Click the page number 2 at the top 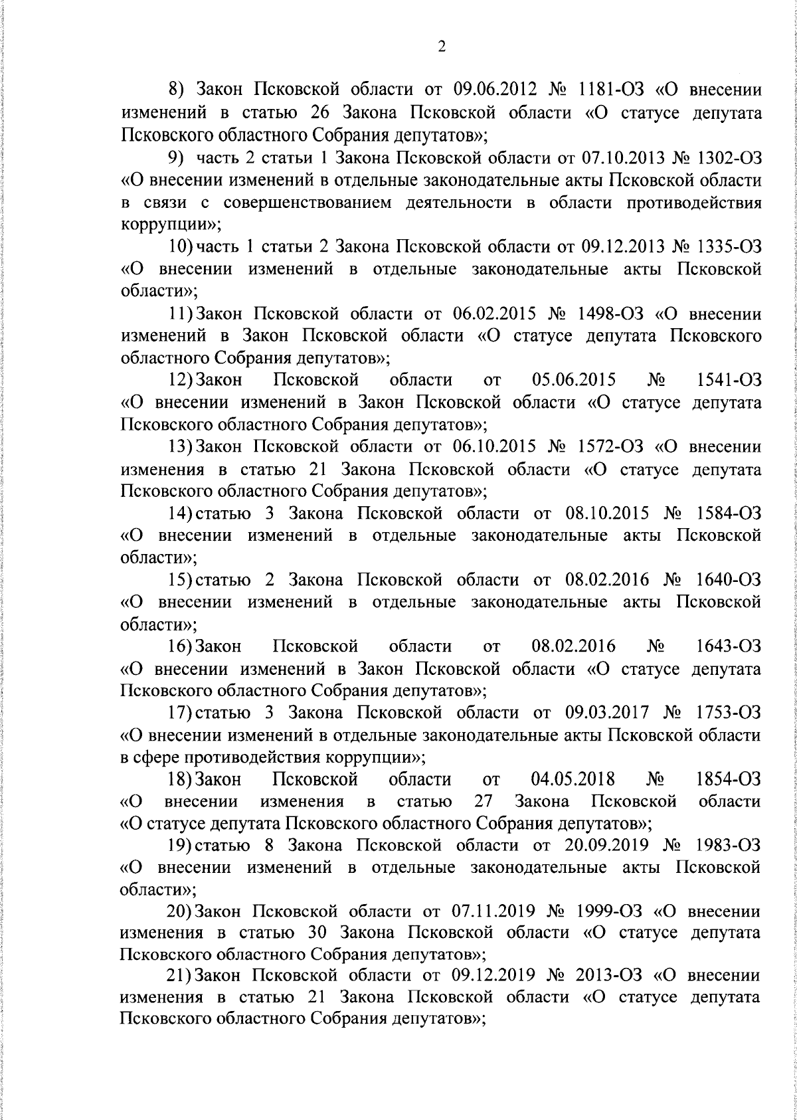(x=441, y=47)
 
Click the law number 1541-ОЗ (x=729, y=380)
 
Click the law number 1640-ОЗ (x=729, y=579)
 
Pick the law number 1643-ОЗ (x=729, y=646)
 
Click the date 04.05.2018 (x=573, y=779)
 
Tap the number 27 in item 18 (x=484, y=801)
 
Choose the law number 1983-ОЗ (x=729, y=845)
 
